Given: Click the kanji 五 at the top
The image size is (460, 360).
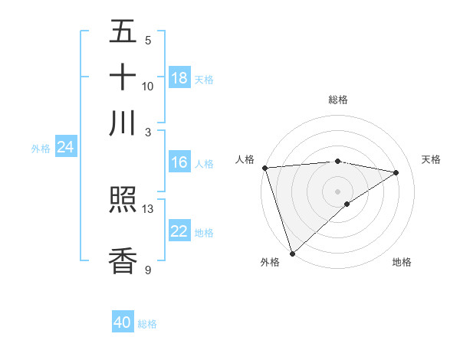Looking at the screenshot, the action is [x=123, y=32].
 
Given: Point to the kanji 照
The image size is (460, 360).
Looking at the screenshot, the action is [x=123, y=201].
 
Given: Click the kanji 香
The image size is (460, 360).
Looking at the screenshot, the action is [x=123, y=260].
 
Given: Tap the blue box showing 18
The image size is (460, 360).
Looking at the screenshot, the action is [x=179, y=78].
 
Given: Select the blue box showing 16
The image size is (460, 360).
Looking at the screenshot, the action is [x=179, y=162].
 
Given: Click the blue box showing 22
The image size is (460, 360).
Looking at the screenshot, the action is [x=179, y=231].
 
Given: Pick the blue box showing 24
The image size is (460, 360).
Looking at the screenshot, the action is [x=65, y=147].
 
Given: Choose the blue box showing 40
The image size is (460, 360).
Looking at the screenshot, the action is [x=123, y=322].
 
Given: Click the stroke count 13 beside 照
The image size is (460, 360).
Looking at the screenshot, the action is [x=148, y=208].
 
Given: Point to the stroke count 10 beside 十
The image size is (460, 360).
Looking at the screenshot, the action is [x=148, y=86].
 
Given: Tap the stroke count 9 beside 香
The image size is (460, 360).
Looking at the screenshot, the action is [x=148, y=270].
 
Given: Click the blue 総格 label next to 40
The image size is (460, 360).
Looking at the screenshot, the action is [x=147, y=324].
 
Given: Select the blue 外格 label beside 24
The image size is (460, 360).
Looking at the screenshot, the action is [x=41, y=149].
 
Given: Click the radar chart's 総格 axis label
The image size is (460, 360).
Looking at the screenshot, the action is [x=337, y=99].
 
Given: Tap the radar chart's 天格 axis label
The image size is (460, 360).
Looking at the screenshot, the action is [x=431, y=159].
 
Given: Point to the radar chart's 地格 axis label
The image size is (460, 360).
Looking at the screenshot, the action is [x=402, y=262].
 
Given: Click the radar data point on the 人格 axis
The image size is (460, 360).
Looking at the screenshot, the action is [x=264, y=168].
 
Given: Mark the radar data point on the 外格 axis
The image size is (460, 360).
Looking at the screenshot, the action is [x=292, y=254].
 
